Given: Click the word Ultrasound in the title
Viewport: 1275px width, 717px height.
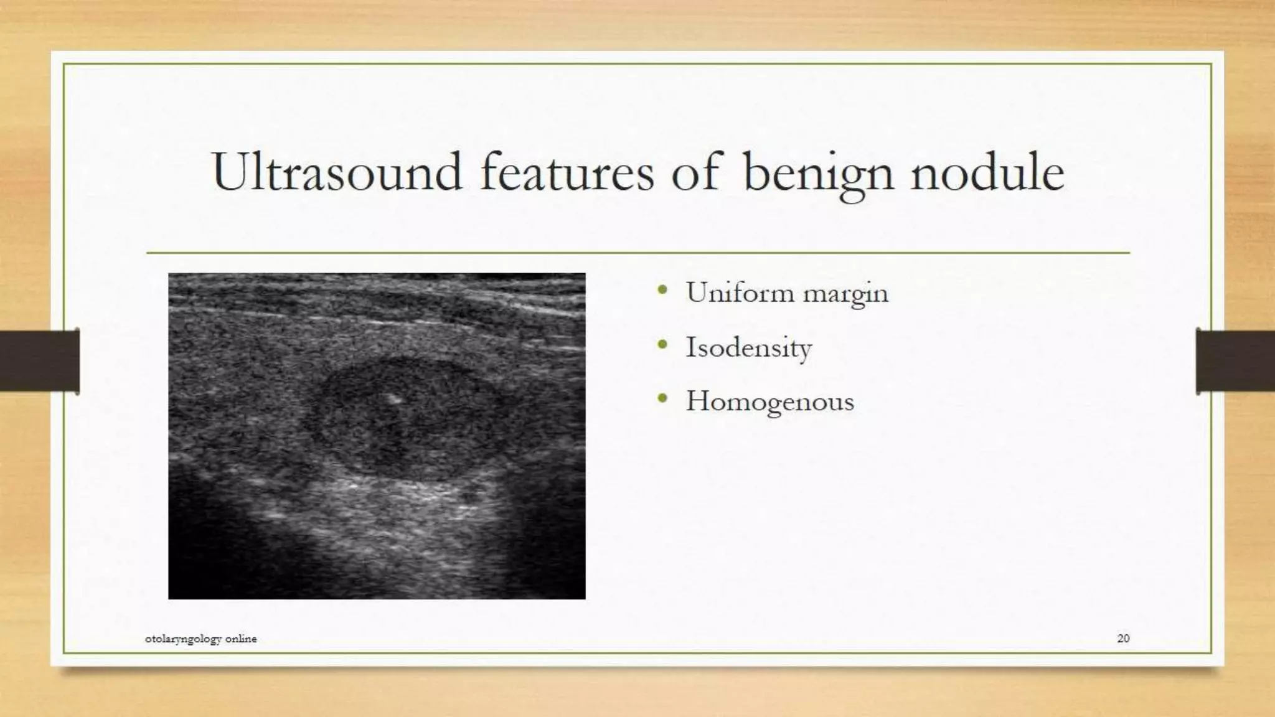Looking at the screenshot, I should [336, 172].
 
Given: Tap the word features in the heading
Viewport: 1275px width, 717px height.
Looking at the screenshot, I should [567, 172].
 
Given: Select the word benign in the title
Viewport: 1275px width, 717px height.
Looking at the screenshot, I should [818, 173].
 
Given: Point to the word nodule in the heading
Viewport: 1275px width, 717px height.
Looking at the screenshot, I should [987, 172].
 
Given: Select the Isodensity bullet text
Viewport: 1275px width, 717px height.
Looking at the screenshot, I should [748, 347].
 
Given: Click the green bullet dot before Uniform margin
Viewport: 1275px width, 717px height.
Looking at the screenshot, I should [662, 290].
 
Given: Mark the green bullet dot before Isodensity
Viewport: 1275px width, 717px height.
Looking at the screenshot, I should [662, 344].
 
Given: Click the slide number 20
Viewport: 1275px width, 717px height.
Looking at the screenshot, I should [1123, 638].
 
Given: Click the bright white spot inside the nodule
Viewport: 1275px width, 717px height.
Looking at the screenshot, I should [393, 398].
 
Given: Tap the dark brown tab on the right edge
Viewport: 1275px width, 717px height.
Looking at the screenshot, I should [1235, 361].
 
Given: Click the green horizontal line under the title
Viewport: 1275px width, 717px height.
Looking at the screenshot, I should [637, 253].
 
